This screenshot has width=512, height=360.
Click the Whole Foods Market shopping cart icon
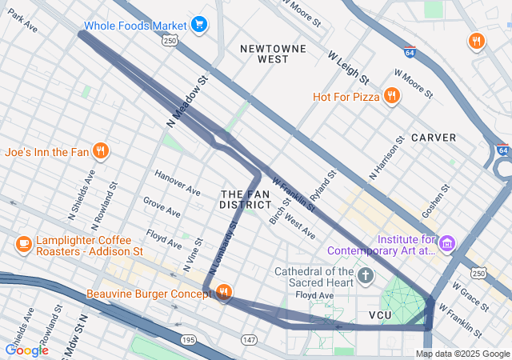pos(199,25)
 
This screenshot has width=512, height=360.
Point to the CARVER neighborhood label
pos(434,138)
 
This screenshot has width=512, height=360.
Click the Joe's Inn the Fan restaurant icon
pos(100,150)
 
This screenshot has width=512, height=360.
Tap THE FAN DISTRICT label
pos(241,199)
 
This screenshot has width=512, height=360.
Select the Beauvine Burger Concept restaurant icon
pos(224,293)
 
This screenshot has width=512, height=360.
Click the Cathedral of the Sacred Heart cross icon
pos(366,277)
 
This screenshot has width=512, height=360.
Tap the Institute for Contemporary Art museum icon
pos(447,242)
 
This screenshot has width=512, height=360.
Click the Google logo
pos(26,350)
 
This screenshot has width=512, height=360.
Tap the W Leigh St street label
pos(348,67)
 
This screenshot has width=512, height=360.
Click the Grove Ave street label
pos(162,206)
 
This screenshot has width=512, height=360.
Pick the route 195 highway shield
pos(189,340)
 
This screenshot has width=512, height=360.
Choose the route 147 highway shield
pos(249,340)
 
